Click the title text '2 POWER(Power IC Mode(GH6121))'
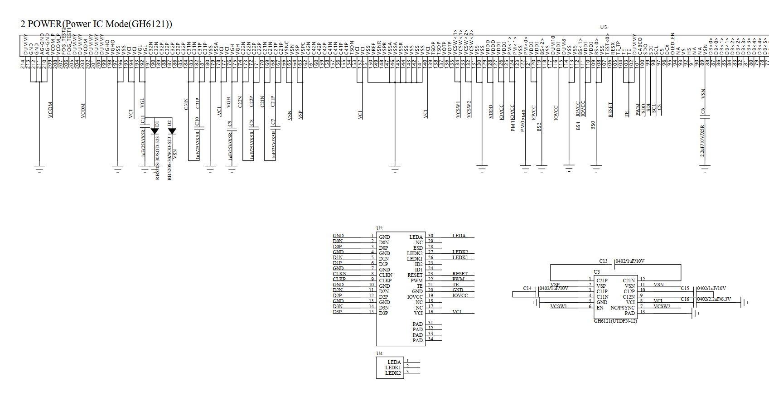click(96, 24)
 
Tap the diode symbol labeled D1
click(155, 131)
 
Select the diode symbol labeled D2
click(172, 131)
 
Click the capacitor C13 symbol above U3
click(612, 264)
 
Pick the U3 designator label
click(597, 272)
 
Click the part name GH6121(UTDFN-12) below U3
click(615, 321)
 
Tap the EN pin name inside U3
click(600, 308)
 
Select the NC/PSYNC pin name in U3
click(622, 308)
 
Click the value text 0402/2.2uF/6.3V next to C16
click(714, 299)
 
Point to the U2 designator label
click(379, 228)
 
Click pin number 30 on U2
click(430, 236)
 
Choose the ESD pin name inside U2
click(418, 248)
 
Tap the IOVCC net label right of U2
click(460, 295)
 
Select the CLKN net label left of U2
click(339, 274)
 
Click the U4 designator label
click(379, 353)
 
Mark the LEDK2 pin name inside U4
click(393, 373)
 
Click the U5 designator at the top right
click(603, 27)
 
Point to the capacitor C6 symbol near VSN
click(705, 116)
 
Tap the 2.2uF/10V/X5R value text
click(702, 140)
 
